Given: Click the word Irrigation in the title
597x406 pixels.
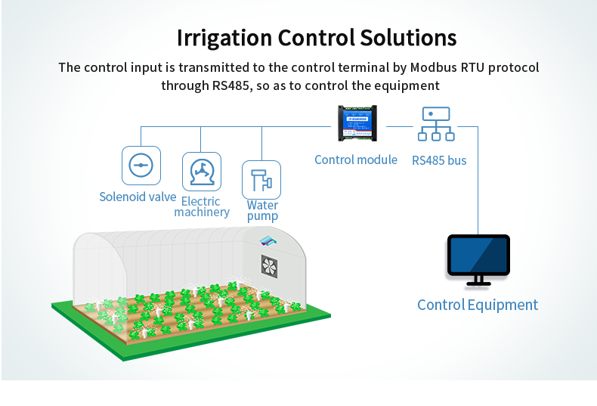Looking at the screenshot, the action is (x=224, y=38).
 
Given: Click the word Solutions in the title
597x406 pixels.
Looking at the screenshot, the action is (x=408, y=38).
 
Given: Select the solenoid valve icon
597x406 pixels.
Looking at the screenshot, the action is (x=141, y=166).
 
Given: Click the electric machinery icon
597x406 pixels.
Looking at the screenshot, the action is (x=202, y=172).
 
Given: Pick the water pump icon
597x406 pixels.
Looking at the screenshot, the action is (x=261, y=180).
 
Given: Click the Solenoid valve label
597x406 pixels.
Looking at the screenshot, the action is (x=138, y=197).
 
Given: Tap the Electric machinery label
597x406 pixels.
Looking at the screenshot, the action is (x=202, y=206).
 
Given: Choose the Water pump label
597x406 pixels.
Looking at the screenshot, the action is (x=262, y=210).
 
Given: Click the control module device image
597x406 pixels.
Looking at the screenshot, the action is (x=357, y=123).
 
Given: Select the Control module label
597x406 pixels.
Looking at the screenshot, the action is (x=356, y=160).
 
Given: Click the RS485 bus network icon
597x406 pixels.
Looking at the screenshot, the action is (x=436, y=124).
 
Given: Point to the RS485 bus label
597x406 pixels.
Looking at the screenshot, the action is (x=439, y=160).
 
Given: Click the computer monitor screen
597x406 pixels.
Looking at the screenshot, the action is (x=478, y=255).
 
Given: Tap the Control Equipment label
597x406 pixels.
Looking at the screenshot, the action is (x=478, y=305).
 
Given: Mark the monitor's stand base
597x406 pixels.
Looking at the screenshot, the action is (x=478, y=284).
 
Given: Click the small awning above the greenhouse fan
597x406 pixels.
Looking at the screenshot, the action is (x=268, y=240).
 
